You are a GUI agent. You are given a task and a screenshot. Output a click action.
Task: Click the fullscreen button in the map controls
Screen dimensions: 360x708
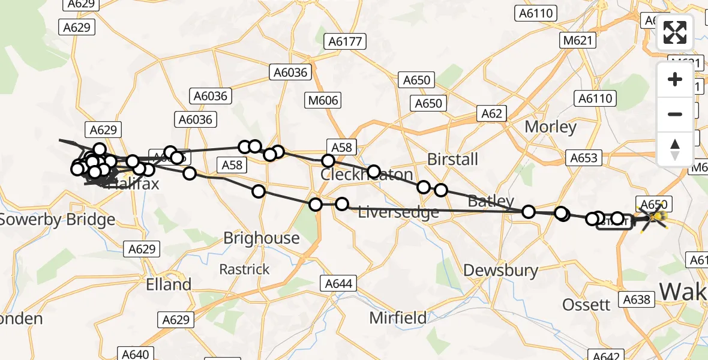[x=675, y=32]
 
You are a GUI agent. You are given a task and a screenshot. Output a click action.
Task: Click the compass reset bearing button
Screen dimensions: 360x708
[x=675, y=149]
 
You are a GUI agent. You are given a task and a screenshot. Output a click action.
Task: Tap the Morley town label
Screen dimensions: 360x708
[x=550, y=127]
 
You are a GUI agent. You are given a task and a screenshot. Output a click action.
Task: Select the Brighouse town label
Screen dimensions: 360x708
[x=262, y=238]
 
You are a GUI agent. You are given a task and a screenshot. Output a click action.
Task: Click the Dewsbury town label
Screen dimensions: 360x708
[x=501, y=270]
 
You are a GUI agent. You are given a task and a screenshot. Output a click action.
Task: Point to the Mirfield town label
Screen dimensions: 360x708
[x=398, y=317]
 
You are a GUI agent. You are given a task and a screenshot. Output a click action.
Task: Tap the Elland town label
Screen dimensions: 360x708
[x=169, y=284]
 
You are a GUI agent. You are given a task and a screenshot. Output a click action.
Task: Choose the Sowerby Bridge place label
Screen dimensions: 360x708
[x=57, y=220]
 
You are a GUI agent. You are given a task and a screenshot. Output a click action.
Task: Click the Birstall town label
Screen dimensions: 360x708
[x=452, y=160]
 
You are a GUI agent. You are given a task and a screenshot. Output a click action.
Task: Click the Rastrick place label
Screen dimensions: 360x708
[x=245, y=269]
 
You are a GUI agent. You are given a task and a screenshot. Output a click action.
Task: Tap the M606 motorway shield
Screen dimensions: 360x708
[x=323, y=101]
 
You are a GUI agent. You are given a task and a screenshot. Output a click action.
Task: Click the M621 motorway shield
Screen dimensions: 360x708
[x=578, y=41]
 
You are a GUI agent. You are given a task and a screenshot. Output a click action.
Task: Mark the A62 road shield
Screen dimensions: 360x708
[x=491, y=113]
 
